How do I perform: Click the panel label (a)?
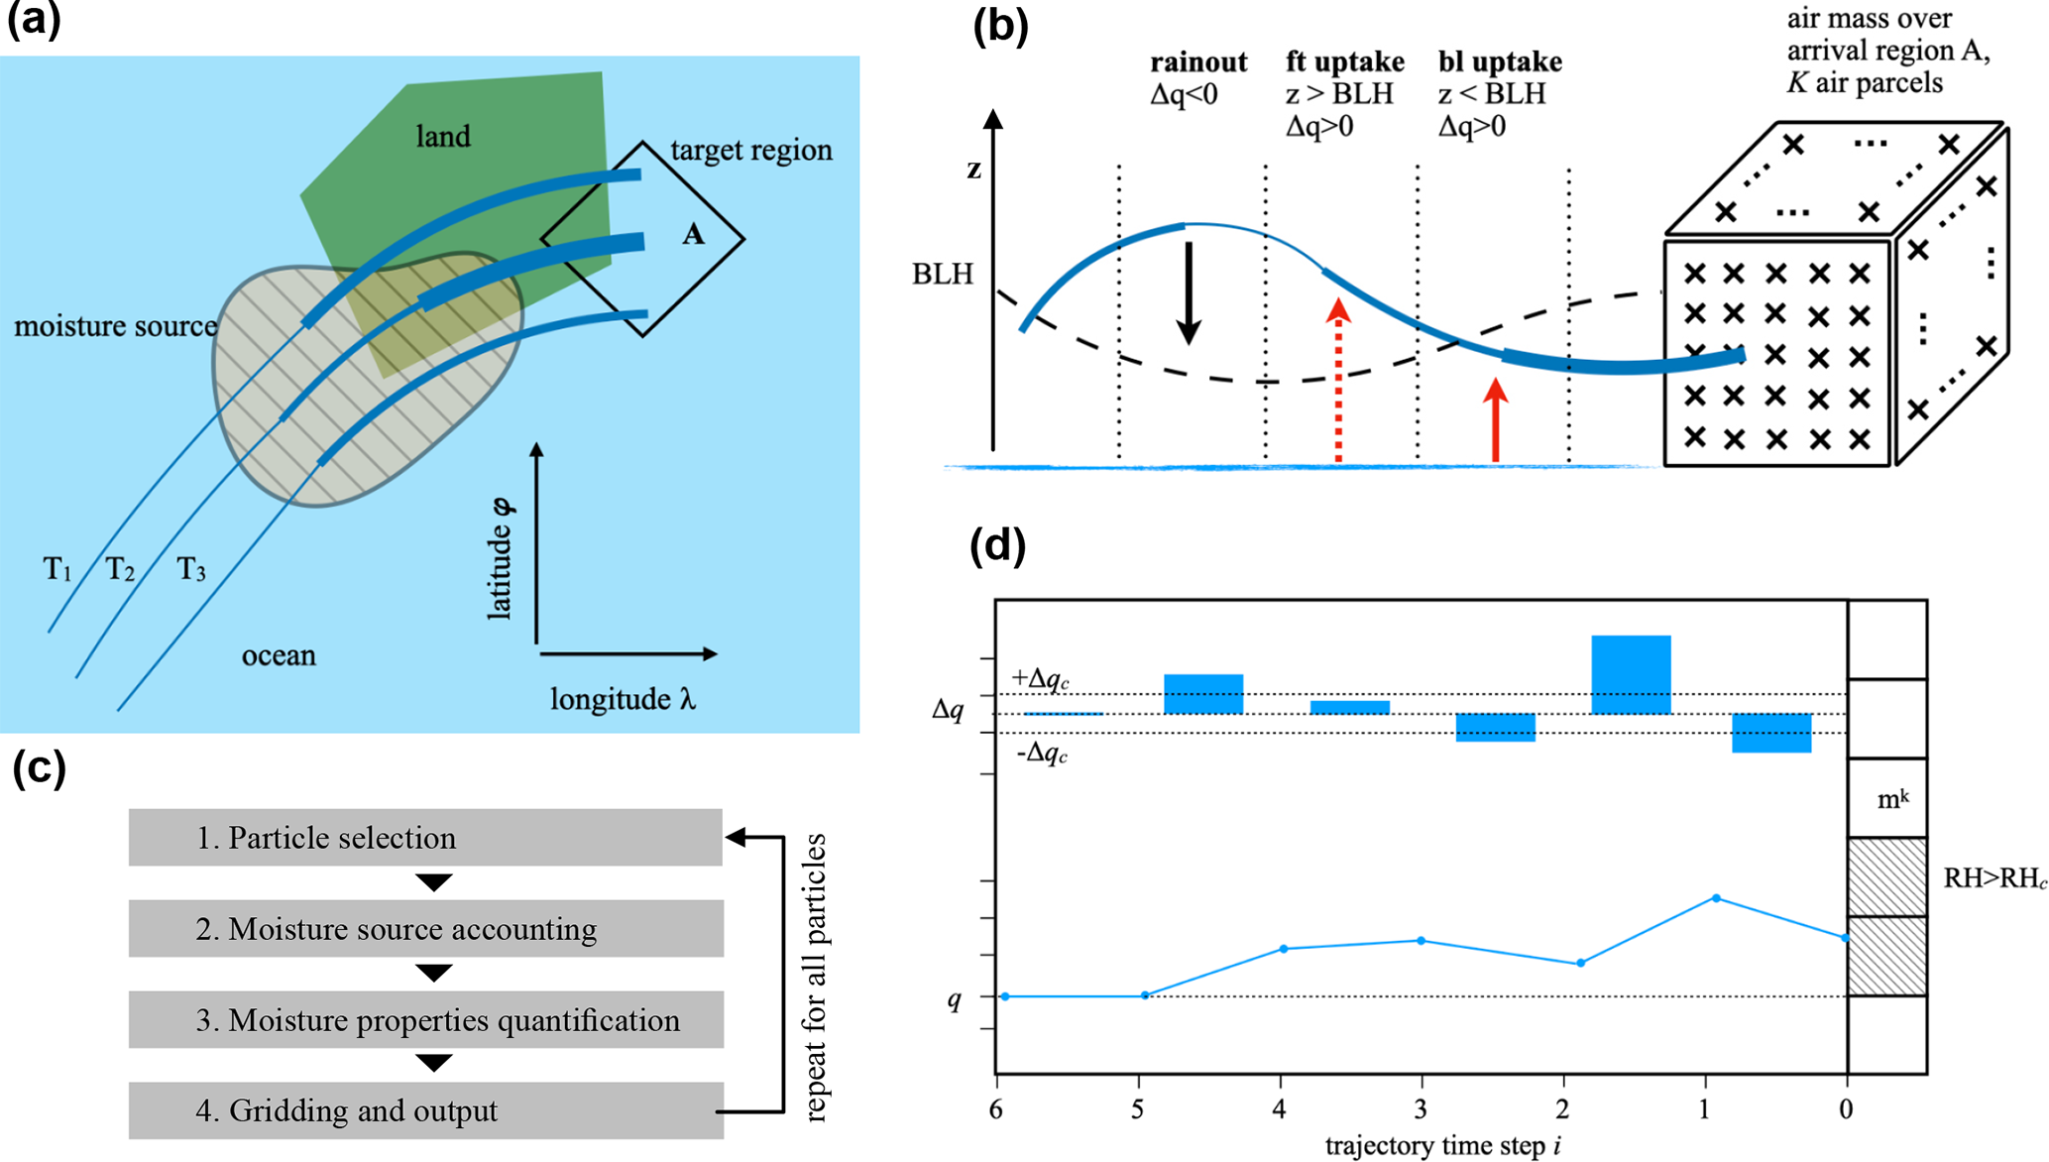click(34, 20)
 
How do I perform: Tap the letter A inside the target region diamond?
click(693, 235)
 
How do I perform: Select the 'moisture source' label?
click(115, 326)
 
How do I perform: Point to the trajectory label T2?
click(120, 569)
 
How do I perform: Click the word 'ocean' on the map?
click(279, 655)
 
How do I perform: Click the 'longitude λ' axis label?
click(623, 699)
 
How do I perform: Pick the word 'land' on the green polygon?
click(442, 136)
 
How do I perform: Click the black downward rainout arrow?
click(1189, 292)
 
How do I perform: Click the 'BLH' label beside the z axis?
click(942, 274)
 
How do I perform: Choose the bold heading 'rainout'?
click(1197, 61)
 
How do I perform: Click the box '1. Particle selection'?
click(425, 838)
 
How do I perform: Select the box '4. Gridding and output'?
click(425, 1110)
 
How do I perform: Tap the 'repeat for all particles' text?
click(815, 977)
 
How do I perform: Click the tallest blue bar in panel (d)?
click(1631, 674)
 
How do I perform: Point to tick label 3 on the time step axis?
click(1421, 1108)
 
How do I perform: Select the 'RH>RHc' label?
click(1993, 878)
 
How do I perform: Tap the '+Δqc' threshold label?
click(1040, 679)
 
